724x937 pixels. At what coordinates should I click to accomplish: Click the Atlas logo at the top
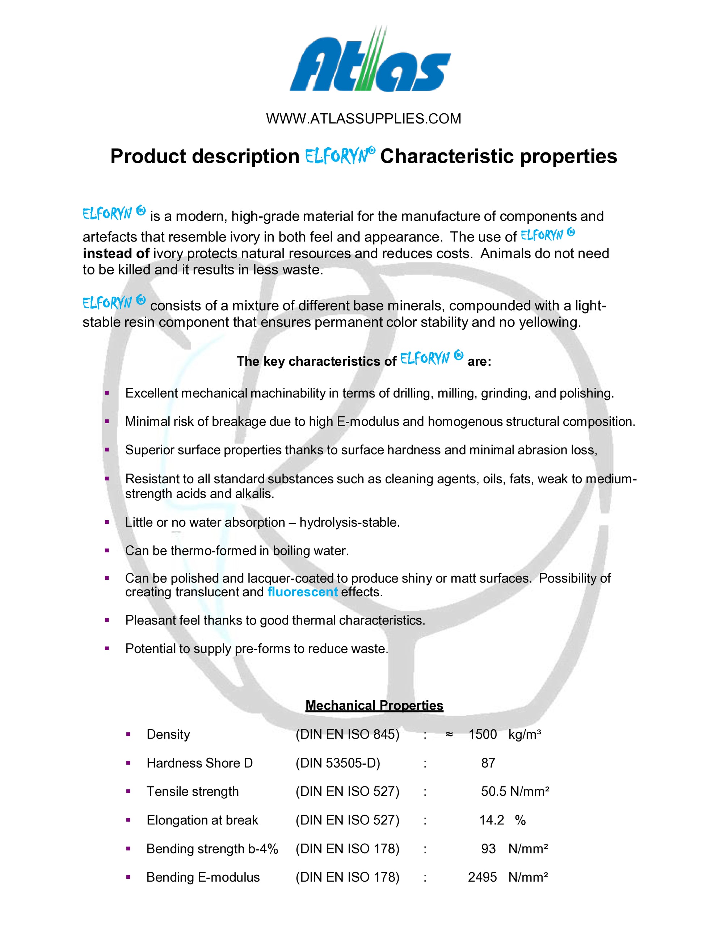click(370, 60)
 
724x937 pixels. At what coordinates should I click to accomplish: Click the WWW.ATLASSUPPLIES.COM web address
click(363, 118)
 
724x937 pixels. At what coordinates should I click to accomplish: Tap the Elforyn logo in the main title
click(340, 156)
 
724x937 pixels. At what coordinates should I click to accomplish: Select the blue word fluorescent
click(302, 592)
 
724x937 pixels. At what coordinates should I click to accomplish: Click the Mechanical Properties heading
click(374, 705)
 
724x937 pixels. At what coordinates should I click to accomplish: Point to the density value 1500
click(483, 735)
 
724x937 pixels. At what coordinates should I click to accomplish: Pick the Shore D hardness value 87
click(488, 763)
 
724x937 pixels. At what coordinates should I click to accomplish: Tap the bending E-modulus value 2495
click(482, 877)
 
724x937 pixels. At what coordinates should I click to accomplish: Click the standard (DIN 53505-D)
click(337, 763)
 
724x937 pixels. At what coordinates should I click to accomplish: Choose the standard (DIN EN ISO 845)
click(348, 735)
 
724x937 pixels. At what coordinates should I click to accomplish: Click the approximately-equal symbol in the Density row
click(449, 735)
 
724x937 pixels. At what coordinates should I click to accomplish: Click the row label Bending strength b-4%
click(212, 849)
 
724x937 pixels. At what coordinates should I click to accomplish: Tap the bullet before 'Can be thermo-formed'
click(107, 550)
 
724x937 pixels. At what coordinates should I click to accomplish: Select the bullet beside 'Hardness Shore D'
click(128, 763)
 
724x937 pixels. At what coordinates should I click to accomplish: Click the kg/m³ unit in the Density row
click(525, 735)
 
